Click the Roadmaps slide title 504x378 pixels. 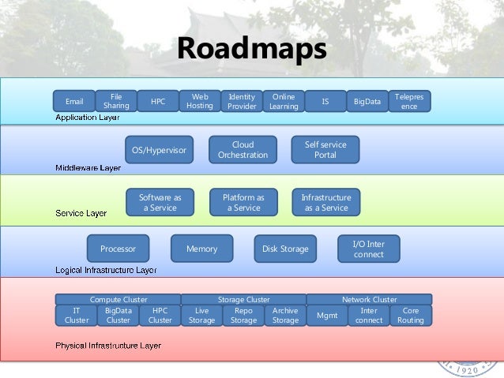(251, 49)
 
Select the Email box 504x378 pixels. (74, 102)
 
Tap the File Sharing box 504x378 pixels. (116, 101)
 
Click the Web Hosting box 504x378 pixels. (200, 101)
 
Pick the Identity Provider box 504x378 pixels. (242, 101)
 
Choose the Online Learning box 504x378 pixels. (283, 101)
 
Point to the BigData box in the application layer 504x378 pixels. (367, 102)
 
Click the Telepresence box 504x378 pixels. (409, 101)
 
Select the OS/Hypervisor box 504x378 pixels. (159, 150)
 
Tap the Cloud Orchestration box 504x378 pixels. (243, 150)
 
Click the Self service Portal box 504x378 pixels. (325, 150)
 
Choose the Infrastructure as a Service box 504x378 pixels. (325, 202)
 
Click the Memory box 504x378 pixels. (201, 249)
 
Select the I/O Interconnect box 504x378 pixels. (368, 249)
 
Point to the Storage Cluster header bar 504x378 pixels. (243, 300)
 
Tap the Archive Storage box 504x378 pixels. (285, 316)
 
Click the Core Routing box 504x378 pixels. (411, 316)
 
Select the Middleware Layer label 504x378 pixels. (88, 167)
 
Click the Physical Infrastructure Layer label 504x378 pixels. (108, 346)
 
